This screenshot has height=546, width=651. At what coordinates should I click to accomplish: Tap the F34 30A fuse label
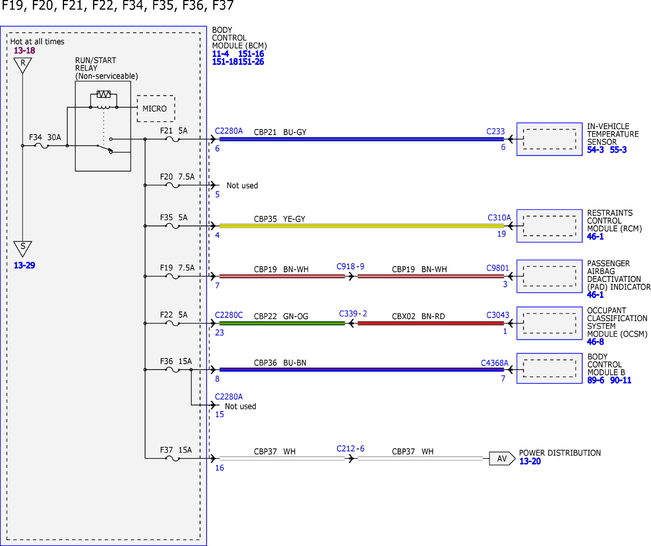[45, 137]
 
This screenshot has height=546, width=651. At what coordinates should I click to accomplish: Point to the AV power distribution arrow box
[502, 459]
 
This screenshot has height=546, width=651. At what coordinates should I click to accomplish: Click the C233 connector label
[495, 131]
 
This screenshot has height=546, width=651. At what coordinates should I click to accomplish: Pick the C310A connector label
[499, 218]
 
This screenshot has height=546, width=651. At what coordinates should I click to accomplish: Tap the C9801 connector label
[498, 268]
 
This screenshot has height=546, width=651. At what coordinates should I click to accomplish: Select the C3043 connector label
[498, 315]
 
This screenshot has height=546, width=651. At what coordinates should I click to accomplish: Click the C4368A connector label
[495, 363]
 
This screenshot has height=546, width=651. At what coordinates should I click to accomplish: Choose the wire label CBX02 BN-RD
[418, 316]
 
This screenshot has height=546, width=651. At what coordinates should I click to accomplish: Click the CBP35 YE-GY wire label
[279, 219]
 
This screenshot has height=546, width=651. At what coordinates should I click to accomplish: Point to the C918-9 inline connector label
[350, 266]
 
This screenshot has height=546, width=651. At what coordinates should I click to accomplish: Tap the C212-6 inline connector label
[350, 449]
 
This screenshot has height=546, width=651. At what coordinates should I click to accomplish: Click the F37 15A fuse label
[176, 450]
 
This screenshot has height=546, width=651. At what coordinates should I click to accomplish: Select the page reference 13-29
[24, 265]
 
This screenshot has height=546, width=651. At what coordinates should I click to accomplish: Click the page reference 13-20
[530, 461]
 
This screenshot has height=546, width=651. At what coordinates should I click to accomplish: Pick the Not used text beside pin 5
[242, 185]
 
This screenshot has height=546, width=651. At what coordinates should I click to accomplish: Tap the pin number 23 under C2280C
[219, 333]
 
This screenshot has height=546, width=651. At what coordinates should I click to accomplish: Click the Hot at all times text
[37, 42]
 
